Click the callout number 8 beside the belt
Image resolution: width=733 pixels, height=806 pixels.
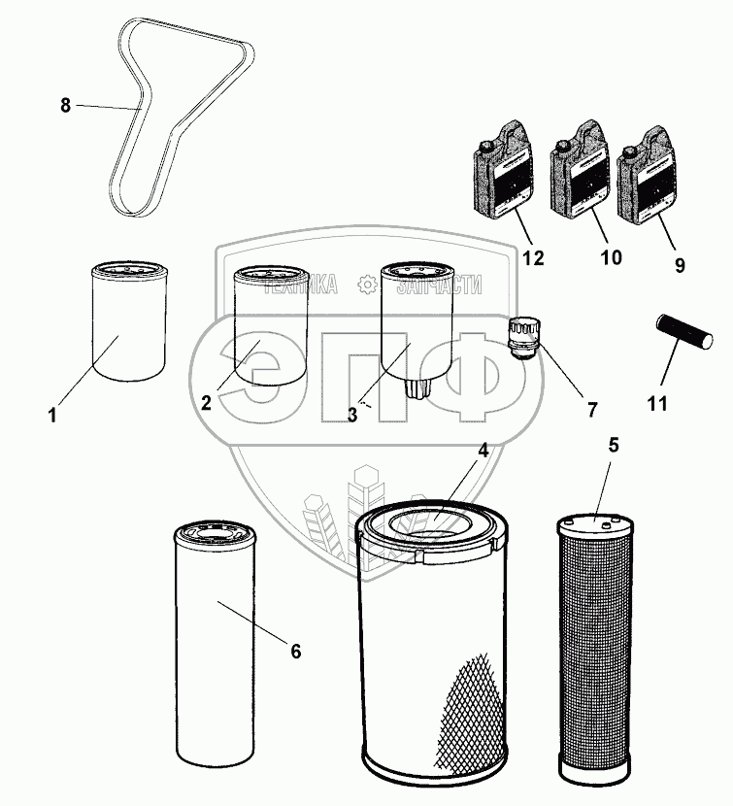(66, 105)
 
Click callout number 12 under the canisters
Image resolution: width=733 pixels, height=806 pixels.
(532, 258)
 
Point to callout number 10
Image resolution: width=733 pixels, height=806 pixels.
(611, 258)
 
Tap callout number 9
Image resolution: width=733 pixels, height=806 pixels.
(678, 264)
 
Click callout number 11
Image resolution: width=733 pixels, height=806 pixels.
(657, 402)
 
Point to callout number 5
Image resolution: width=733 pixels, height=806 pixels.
(613, 446)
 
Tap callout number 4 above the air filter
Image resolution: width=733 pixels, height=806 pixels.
(482, 450)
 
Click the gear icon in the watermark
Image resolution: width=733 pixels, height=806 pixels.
(367, 284)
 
